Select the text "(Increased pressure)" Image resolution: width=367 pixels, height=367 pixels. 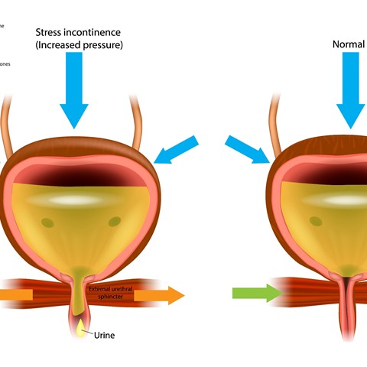coord(79,46)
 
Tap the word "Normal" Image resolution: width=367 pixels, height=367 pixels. coord(349,44)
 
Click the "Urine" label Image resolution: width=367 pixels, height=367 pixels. coord(105,335)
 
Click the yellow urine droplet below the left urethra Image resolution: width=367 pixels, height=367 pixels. coord(82,329)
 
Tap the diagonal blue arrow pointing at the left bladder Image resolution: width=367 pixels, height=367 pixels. coord(177,150)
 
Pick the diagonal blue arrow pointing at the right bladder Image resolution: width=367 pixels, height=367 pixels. coord(248,148)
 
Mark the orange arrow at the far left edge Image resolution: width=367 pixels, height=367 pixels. coord(15,294)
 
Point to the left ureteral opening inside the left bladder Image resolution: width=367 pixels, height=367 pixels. coord(44,222)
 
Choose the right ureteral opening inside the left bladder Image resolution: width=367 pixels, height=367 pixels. coord(115,222)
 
